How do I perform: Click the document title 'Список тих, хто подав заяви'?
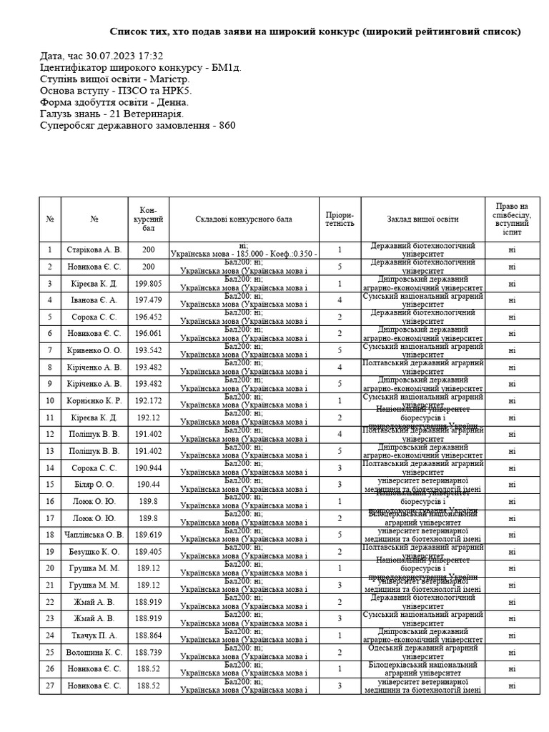(315, 32)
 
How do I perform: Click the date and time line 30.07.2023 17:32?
(102, 56)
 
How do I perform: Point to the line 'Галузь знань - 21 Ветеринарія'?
(112, 114)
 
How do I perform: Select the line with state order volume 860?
(138, 126)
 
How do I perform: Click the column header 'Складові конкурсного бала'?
(244, 219)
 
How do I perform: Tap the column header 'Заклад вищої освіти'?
(423, 219)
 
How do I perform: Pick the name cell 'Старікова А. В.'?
(94, 250)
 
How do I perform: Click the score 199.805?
(149, 283)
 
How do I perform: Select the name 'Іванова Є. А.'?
(94, 300)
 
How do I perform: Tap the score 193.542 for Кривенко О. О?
(149, 350)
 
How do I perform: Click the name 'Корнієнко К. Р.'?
(94, 400)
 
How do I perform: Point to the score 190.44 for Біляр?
(149, 485)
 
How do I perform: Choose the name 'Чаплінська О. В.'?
(94, 535)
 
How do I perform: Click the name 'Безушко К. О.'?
(94, 551)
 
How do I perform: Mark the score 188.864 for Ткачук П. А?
(149, 635)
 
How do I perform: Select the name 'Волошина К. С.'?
(94, 652)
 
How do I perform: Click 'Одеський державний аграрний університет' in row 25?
(423, 652)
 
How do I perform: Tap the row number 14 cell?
(50, 468)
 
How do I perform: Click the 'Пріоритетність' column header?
(340, 219)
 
